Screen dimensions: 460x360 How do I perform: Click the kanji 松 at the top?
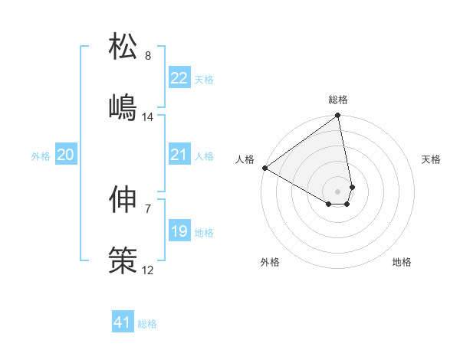(x=123, y=47)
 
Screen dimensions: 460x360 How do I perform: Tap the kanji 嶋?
(x=123, y=108)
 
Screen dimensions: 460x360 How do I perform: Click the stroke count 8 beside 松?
(x=148, y=56)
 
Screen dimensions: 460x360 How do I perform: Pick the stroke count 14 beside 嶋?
(x=148, y=117)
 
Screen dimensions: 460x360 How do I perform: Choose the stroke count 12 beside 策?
(x=148, y=270)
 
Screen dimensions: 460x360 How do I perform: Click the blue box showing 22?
(x=179, y=78)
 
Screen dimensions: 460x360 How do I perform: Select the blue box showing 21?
(x=179, y=155)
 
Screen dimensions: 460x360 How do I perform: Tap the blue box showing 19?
(x=179, y=231)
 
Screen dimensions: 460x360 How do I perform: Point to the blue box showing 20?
(x=66, y=155)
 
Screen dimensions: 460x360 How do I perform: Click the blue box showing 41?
(x=123, y=323)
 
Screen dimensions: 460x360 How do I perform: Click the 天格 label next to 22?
(x=204, y=80)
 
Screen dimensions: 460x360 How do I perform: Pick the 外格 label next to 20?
(x=41, y=156)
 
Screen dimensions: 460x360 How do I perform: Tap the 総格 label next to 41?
(x=147, y=324)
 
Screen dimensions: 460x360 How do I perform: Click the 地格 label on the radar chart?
(x=402, y=263)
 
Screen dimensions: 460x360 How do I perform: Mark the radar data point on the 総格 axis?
(x=337, y=116)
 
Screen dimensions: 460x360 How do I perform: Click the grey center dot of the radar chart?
(x=337, y=191)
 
